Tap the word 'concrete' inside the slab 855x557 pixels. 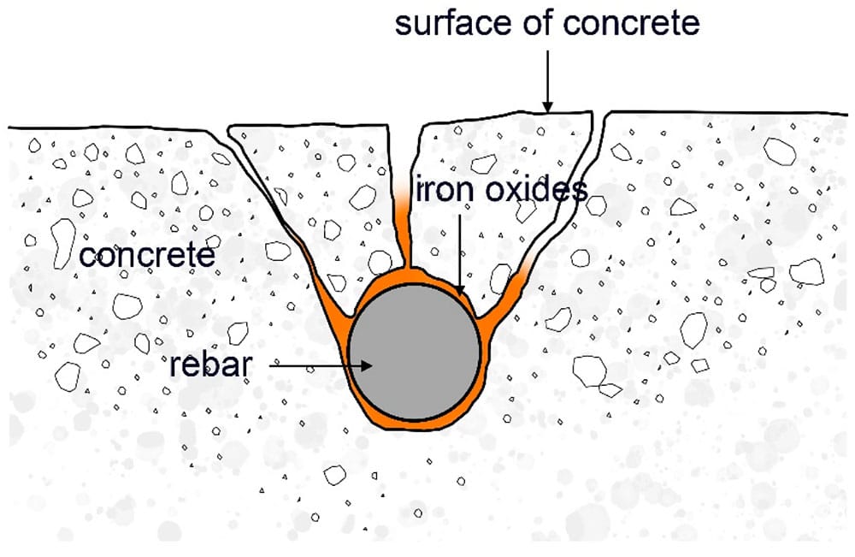pyautogui.click(x=146, y=255)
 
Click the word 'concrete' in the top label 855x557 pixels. pyautogui.click(x=632, y=23)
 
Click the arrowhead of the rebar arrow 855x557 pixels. pyautogui.click(x=369, y=365)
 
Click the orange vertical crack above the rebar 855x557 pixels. pyautogui.click(x=405, y=231)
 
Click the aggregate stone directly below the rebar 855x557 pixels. pyautogui.click(x=334, y=472)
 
